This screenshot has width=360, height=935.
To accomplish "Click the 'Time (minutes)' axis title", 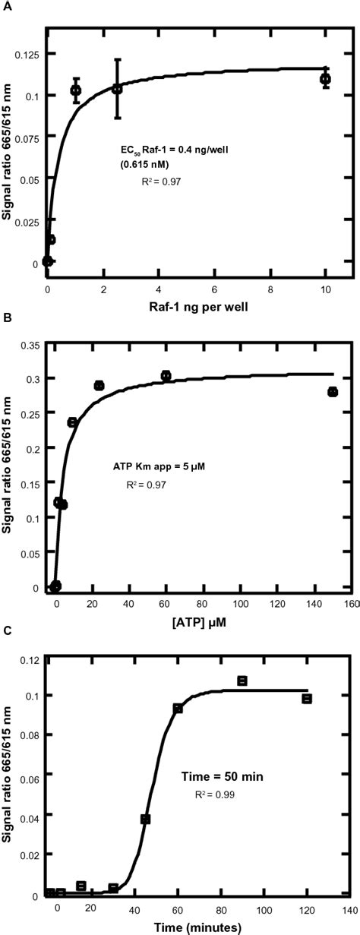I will click(199, 927).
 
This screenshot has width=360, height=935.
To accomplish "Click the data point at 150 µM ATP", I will click(332, 392).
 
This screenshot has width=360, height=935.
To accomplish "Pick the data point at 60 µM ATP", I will click(166, 375).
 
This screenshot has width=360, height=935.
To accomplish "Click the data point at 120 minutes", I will click(307, 698).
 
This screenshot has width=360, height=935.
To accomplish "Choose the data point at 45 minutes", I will click(145, 819).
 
